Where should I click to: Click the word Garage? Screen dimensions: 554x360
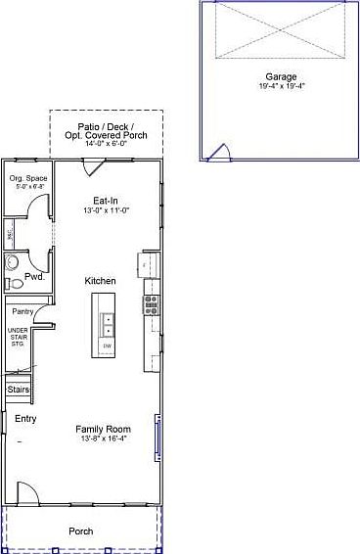[x=282, y=76]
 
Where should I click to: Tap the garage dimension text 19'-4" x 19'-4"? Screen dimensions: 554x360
[x=282, y=86]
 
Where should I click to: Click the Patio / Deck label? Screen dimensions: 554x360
[x=108, y=127]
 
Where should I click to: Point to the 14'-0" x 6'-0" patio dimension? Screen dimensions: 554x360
[x=108, y=145]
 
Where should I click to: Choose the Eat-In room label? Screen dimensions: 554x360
[x=106, y=199]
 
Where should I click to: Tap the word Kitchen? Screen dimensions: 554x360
[x=101, y=281]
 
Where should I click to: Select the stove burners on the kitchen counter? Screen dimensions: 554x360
[x=152, y=304]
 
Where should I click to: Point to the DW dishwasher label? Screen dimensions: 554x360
[x=108, y=346]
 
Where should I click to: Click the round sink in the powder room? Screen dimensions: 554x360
[x=13, y=262]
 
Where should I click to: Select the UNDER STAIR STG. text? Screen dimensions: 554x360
[x=18, y=338]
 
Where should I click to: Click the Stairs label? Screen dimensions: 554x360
[x=19, y=390]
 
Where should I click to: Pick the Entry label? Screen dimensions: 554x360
[x=25, y=418]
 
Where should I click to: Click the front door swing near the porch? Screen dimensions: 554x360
[x=27, y=494]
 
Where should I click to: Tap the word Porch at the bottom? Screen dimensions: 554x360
[x=81, y=531]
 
